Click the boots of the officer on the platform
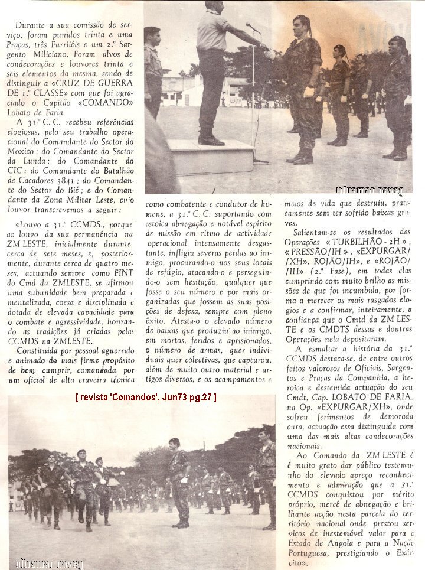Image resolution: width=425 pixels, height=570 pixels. pyautogui.click(x=211, y=139)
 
